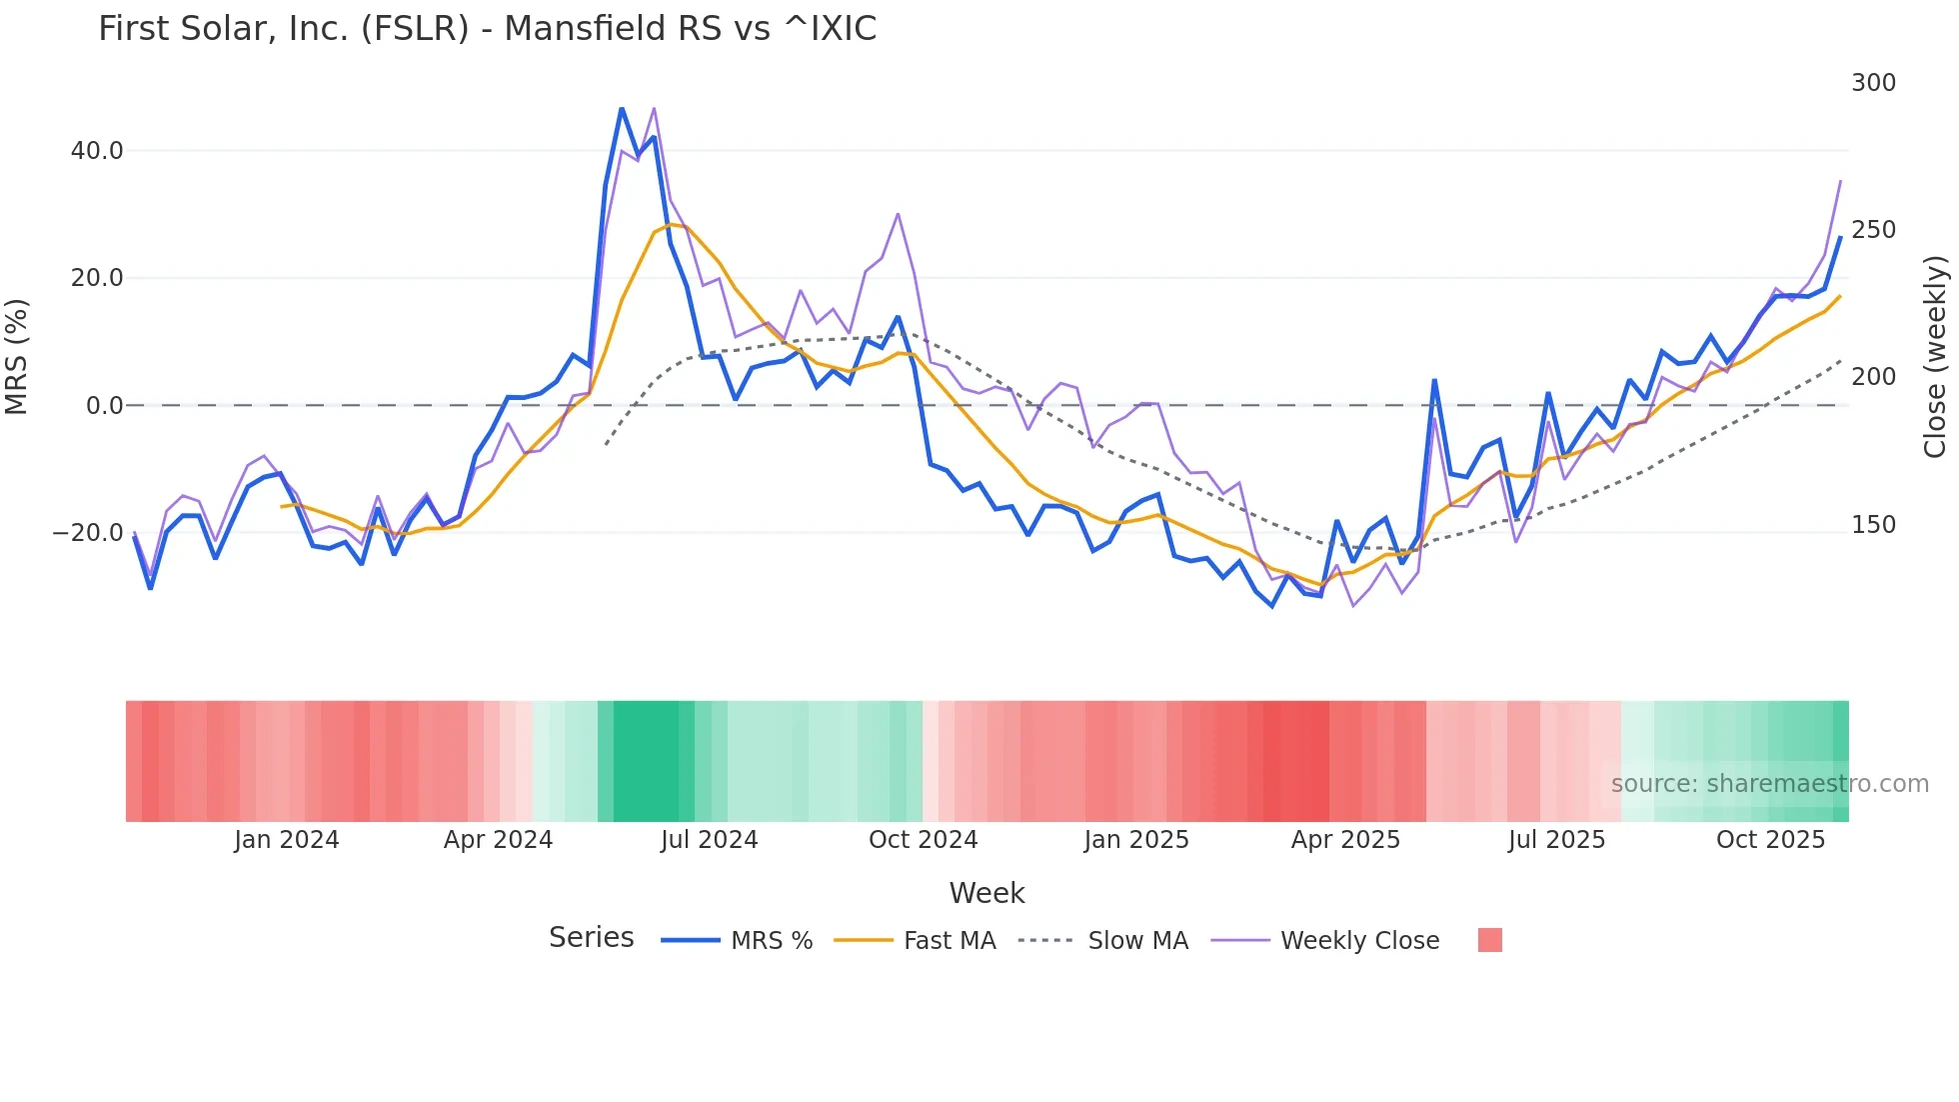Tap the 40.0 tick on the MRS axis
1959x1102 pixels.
[x=97, y=151]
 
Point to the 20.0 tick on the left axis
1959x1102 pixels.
[x=97, y=278]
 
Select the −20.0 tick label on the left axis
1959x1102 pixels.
[x=89, y=533]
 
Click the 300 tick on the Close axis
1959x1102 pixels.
[x=1873, y=83]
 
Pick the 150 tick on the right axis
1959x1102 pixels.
[x=1873, y=525]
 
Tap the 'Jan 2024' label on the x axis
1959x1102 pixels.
[x=287, y=840]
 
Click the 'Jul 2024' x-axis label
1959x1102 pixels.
[x=710, y=840]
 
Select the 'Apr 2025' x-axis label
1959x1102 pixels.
[x=1345, y=840]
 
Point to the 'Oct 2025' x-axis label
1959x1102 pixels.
[x=1770, y=840]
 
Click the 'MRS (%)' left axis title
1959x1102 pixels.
[x=17, y=357]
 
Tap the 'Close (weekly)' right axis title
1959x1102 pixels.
[x=1936, y=357]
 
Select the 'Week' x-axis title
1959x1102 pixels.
[x=986, y=893]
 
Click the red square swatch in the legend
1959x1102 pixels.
[x=1489, y=940]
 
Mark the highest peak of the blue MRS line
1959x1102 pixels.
[x=622, y=108]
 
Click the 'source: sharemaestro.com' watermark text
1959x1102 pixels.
[x=1769, y=784]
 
